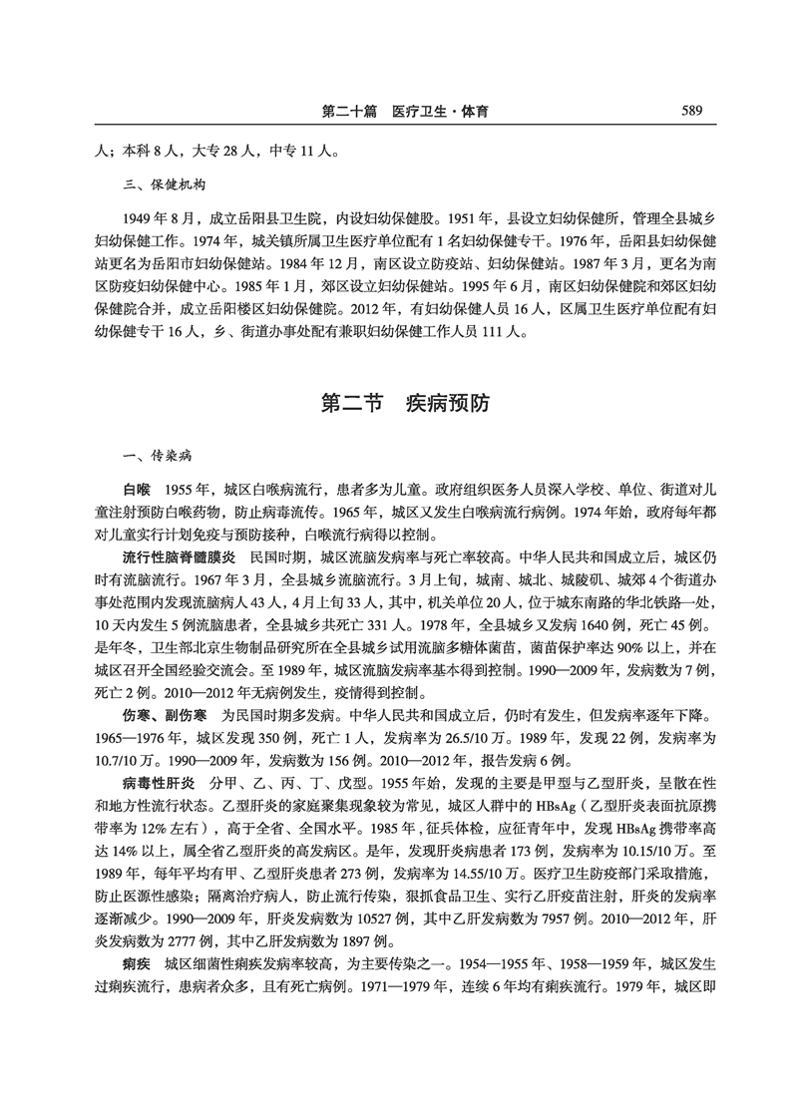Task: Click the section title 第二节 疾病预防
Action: pyautogui.click(x=404, y=405)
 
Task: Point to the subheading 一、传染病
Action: pyautogui.click(x=150, y=457)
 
